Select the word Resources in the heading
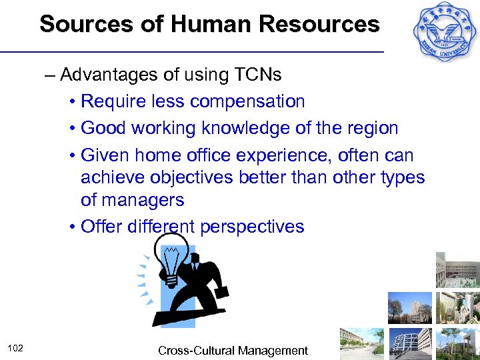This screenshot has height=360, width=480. (318, 24)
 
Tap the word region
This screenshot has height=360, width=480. (368, 128)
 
